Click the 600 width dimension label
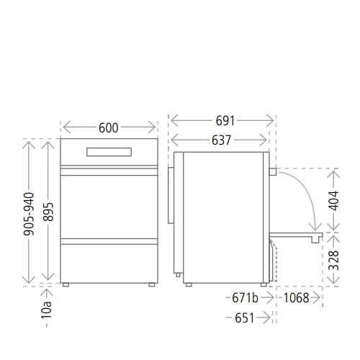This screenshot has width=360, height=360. pyautogui.click(x=108, y=128)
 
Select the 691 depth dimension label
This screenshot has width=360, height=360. pyautogui.click(x=222, y=120)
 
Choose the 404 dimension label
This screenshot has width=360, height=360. pyautogui.click(x=333, y=200)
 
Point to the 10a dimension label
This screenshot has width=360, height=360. pyautogui.click(x=48, y=311)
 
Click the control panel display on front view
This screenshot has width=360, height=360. pyautogui.click(x=109, y=152)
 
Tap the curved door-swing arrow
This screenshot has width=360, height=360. pyautogui.click(x=302, y=198)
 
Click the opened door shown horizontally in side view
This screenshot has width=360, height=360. pyautogui.click(x=295, y=233)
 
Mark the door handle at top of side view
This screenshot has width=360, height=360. pyautogui.click(x=273, y=171)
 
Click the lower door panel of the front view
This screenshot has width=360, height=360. pyautogui.click(x=109, y=260)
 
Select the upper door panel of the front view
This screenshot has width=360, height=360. pyautogui.click(x=109, y=206)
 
